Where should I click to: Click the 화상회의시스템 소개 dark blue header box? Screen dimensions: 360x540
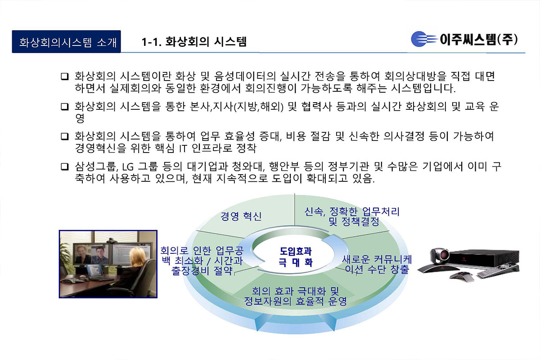point(66,42)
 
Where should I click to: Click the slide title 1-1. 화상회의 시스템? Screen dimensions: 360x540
point(194,42)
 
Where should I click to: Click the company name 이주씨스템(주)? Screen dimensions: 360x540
point(479,39)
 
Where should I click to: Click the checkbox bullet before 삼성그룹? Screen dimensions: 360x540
point(64,167)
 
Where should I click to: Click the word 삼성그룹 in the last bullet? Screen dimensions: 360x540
point(94,167)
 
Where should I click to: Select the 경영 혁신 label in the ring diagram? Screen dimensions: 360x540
point(241,216)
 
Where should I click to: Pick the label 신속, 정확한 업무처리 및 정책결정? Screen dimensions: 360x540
point(352,216)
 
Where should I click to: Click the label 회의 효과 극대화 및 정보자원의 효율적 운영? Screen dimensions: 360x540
point(295,296)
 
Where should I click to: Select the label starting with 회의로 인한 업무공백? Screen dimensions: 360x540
point(202,261)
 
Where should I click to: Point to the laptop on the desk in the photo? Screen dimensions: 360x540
point(95,272)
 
